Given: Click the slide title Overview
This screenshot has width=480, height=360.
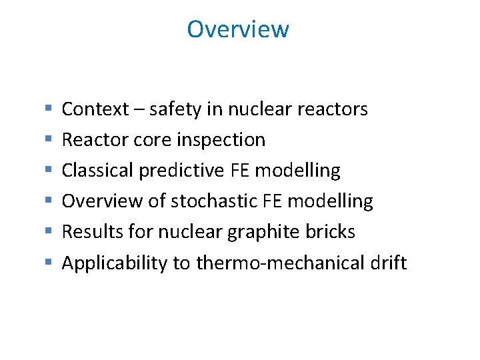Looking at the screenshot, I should coord(238,29).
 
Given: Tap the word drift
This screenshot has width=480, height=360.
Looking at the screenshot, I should coord(387,263).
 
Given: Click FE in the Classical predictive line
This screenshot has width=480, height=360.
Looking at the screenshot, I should coord(240,171).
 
